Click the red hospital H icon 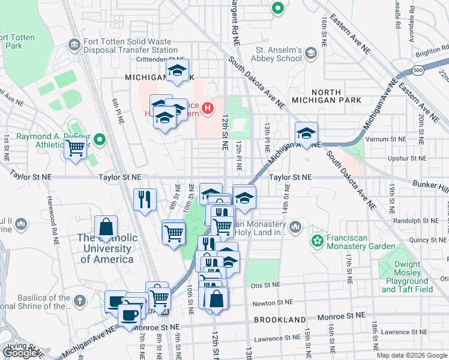pyautogui.click(x=208, y=108)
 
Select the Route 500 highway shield pyautogui.click(x=418, y=70)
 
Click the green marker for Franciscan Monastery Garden pyautogui.click(x=316, y=241)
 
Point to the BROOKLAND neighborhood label pyautogui.click(x=279, y=320)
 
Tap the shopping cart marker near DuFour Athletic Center pyautogui.click(x=76, y=147)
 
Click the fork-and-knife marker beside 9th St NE pyautogui.click(x=145, y=199)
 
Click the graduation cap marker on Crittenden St pyautogui.click(x=177, y=70)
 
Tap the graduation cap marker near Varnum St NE pyautogui.click(x=306, y=133)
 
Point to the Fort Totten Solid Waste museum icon pyautogui.click(x=75, y=44)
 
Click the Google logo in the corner pyautogui.click(x=20, y=353)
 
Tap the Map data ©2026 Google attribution pyautogui.click(x=411, y=355)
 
